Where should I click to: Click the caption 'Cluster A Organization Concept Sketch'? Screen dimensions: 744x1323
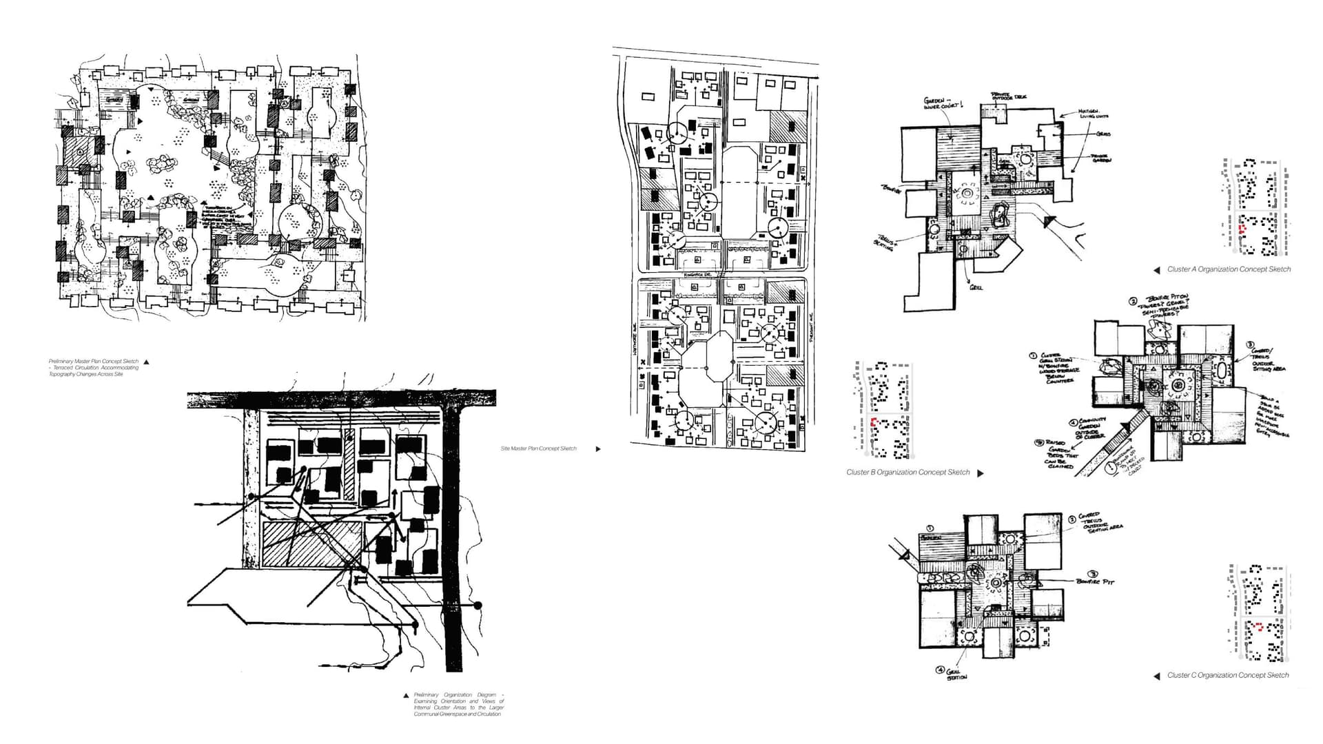pos(1229,269)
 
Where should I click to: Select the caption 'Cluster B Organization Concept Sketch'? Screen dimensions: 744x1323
pos(907,473)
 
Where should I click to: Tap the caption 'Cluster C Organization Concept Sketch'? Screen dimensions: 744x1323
pos(1227,675)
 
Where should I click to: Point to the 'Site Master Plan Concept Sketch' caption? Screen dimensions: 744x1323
pos(538,448)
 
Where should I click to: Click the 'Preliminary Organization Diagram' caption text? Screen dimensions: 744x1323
pos(458,704)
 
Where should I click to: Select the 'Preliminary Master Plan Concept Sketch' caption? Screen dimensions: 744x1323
pos(93,367)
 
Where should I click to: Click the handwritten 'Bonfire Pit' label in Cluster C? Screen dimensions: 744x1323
pos(1095,582)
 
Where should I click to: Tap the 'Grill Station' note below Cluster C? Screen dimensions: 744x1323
pos(955,674)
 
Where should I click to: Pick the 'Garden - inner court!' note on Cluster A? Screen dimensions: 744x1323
pos(941,103)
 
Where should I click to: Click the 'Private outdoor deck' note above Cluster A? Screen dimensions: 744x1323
pos(1008,96)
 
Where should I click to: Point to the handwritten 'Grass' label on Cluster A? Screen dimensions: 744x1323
pos(1103,134)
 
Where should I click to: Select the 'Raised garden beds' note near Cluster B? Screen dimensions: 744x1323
pos(1062,454)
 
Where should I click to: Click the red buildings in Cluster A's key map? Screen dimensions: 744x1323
pos(1242,229)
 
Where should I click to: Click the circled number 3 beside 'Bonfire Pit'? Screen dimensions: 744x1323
pos(1093,573)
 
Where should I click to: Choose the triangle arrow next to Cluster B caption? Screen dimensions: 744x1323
pos(981,473)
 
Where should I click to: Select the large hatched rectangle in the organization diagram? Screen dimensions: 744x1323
pos(312,544)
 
